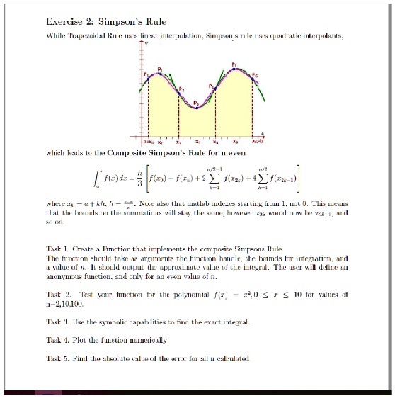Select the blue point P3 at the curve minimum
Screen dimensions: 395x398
tap(195, 107)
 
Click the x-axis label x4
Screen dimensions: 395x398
tap(226, 142)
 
